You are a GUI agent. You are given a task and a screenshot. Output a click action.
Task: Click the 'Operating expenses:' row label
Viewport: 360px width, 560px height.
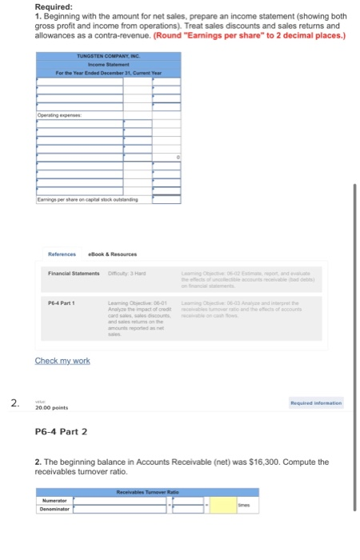click(x=59, y=116)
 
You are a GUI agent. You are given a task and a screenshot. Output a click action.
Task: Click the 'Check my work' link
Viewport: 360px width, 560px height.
click(x=62, y=361)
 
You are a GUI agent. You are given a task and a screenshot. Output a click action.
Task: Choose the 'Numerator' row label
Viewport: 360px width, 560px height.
click(x=53, y=501)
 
